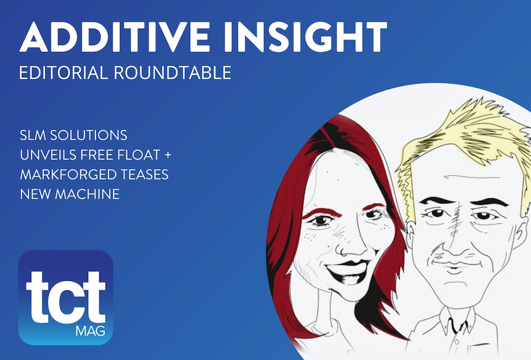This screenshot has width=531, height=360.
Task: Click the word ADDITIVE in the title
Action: pyautogui.click(x=115, y=37)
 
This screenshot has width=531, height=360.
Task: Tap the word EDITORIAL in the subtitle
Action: pyautogui.click(x=63, y=73)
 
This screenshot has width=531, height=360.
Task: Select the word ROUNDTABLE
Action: pyautogui.click(x=172, y=73)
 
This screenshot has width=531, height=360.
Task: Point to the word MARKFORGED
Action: pyautogui.click(x=68, y=175)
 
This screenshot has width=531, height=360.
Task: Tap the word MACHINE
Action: pyautogui.click(x=87, y=194)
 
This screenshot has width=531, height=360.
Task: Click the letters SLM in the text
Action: pyautogui.click(x=33, y=135)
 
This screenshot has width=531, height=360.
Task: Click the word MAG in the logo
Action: pyautogui.click(x=90, y=331)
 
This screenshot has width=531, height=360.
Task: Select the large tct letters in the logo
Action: pyautogui.click(x=66, y=297)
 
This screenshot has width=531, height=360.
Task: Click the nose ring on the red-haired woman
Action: pyautogui.click(x=344, y=252)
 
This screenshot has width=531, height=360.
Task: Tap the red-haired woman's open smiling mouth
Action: pyautogui.click(x=347, y=271)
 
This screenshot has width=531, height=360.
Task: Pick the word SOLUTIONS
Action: pyautogui.click(x=89, y=135)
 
